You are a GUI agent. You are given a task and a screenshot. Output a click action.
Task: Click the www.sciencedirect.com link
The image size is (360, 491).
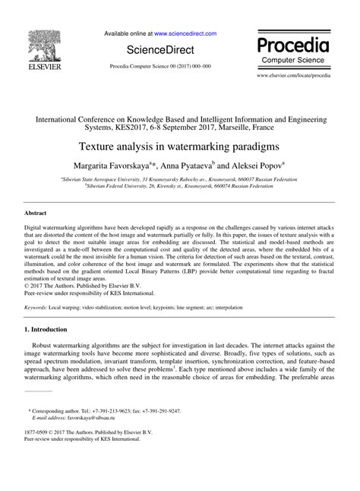185,34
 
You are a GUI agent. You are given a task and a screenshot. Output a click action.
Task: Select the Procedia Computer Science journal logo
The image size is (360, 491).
297,46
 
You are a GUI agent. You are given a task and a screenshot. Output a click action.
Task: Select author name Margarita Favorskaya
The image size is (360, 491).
114,165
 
